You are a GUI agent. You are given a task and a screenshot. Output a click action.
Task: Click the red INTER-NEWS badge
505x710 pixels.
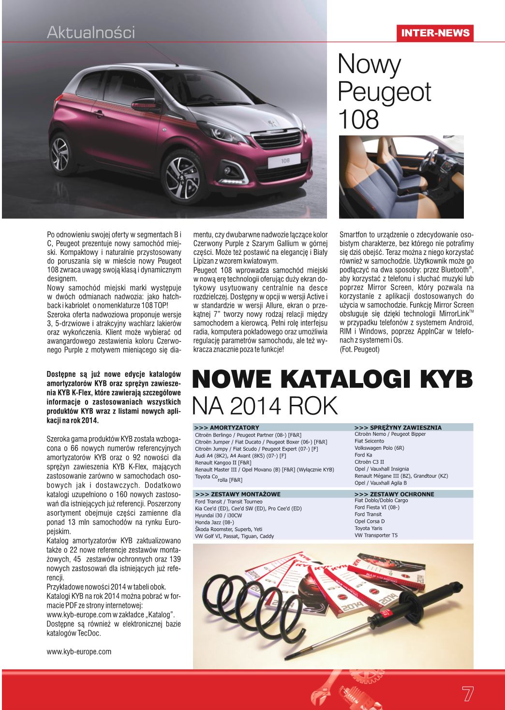pyautogui.click(x=434, y=32)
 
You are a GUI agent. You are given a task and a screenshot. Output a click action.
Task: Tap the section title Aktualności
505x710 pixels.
pyautogui.click(x=91, y=32)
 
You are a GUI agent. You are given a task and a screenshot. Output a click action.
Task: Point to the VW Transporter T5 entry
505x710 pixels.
pyautogui.click(x=376, y=535)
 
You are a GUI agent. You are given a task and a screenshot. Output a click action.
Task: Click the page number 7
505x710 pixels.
pyautogui.click(x=467, y=693)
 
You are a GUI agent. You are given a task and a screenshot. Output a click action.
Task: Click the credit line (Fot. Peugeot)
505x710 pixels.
pyautogui.click(x=359, y=350)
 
